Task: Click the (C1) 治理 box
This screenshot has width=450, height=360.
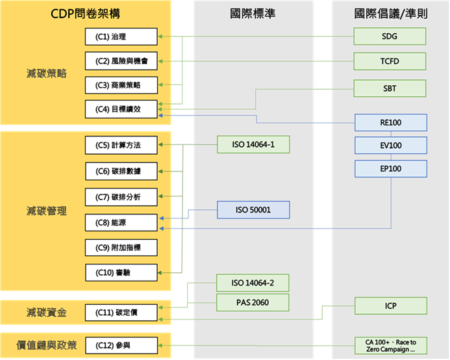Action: click(x=121, y=36)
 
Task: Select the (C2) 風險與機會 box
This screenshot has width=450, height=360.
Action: click(x=121, y=61)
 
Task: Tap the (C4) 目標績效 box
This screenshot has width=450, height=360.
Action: click(x=121, y=109)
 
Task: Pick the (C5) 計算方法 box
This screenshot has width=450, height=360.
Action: click(x=121, y=145)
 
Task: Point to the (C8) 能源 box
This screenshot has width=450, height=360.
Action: click(x=121, y=222)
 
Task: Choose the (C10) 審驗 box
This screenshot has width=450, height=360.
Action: click(x=121, y=272)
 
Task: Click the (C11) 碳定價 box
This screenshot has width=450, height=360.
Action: click(x=121, y=313)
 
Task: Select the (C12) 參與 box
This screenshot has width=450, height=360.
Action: click(x=121, y=344)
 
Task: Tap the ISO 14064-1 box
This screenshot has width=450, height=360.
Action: click(x=253, y=144)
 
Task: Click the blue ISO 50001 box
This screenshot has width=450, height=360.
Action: click(x=253, y=210)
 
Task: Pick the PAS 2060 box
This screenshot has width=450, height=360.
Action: click(x=253, y=302)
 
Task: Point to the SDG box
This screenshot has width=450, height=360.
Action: click(x=390, y=36)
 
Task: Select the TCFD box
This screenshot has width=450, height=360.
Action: click(x=390, y=61)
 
